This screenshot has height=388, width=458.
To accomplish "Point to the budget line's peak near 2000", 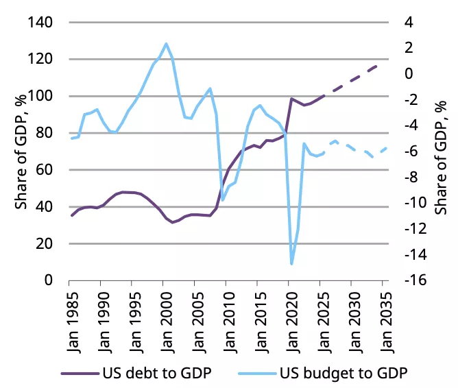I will coord(166,44).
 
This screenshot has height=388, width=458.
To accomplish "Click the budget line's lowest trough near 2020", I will coord(291,263).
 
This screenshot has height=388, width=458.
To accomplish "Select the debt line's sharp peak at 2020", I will coord(291,99).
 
